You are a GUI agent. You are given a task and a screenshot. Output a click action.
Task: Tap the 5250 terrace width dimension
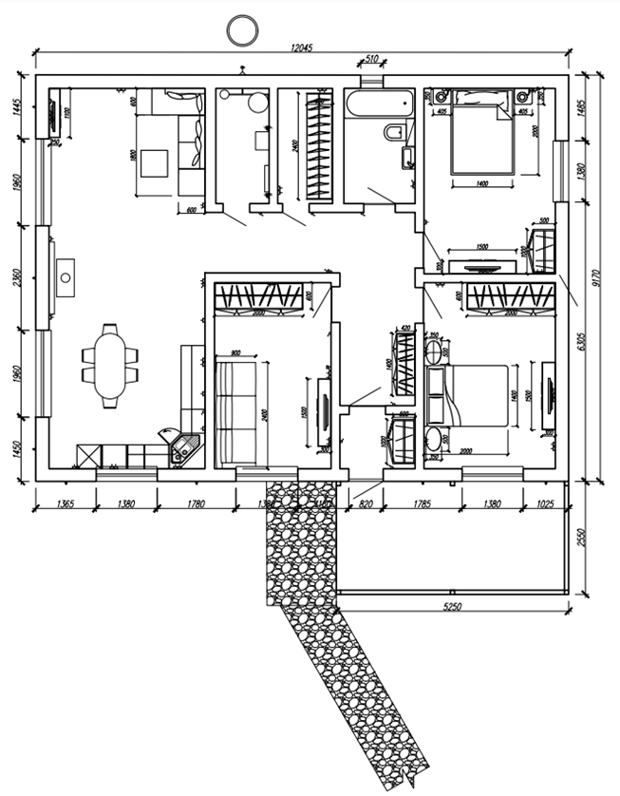coord(450,605)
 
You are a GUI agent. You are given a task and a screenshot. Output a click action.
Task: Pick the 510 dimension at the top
coord(372,60)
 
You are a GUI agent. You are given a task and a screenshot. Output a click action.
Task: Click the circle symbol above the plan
coord(242,29)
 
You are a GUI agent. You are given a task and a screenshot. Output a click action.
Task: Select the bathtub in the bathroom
coord(379,104)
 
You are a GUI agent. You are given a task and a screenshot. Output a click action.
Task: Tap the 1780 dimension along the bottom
coord(196,505)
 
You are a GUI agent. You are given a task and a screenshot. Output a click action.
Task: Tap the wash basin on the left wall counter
coord(66,277)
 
